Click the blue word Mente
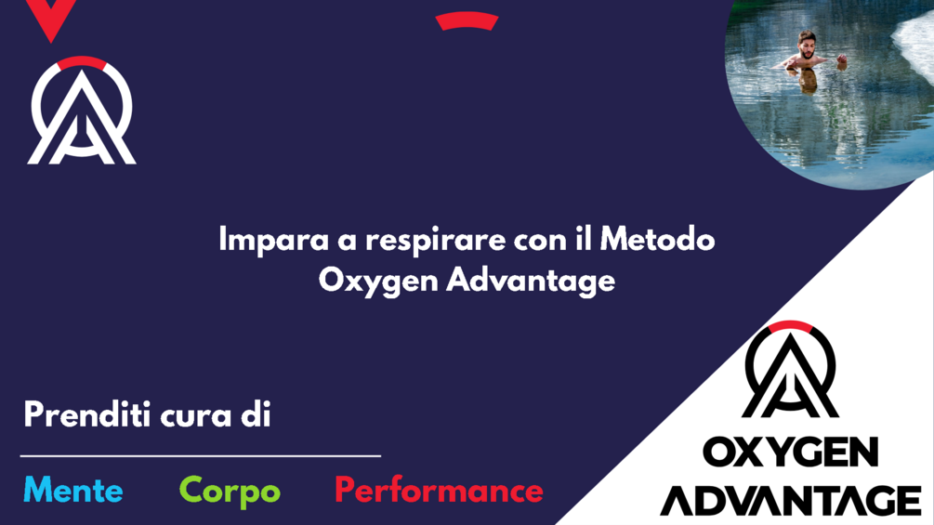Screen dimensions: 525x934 (x=72, y=490)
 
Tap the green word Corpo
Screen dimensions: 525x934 (x=230, y=491)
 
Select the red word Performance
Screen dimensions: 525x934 (x=439, y=491)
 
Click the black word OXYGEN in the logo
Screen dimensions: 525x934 (x=791, y=453)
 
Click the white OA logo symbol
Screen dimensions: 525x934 (x=82, y=115)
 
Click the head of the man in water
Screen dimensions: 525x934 (x=806, y=43)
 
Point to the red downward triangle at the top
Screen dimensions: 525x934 (x=50, y=19)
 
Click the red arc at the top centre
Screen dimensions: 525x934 (x=467, y=20)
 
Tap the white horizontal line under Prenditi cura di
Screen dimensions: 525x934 (x=201, y=456)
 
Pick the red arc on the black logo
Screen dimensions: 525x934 (x=791, y=327)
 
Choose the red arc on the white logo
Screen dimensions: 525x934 (x=82, y=63)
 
